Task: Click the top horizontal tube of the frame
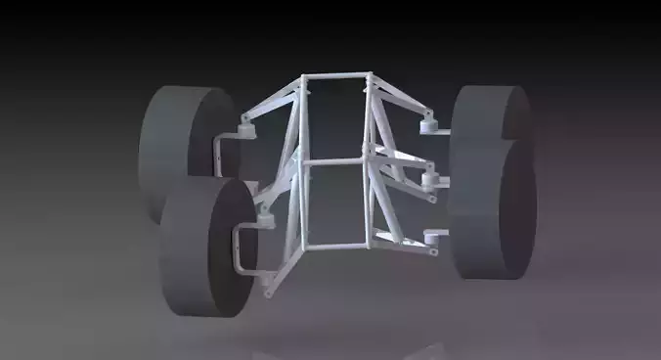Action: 337,75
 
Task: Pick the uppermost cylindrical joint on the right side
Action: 426,126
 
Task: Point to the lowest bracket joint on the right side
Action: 431,237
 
